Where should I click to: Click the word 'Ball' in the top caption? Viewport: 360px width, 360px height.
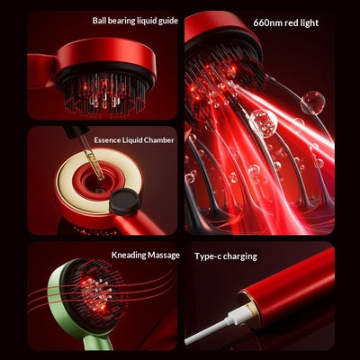pos(99,21)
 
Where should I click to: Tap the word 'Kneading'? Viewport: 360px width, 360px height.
pos(129,256)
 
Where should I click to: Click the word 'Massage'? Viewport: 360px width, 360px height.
pos(164,256)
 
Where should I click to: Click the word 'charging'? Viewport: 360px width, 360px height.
pos(240,256)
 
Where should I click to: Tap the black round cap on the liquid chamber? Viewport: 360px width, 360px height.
pos(124,202)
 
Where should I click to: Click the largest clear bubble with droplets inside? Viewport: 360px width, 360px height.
pos(263,123)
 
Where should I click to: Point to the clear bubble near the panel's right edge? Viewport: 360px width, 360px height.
pos(313,103)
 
